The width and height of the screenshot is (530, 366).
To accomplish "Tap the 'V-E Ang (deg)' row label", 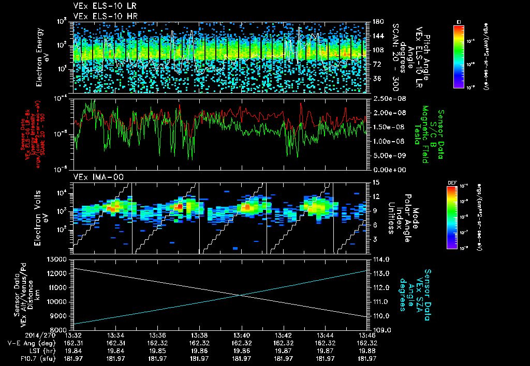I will [x=30, y=342].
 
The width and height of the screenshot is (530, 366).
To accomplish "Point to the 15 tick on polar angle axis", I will [x=374, y=182].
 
